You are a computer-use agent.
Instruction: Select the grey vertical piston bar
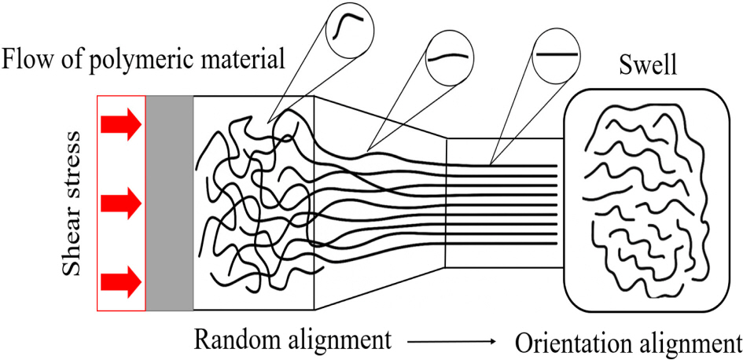click(x=169, y=202)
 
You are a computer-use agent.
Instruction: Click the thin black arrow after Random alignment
click(x=450, y=342)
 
